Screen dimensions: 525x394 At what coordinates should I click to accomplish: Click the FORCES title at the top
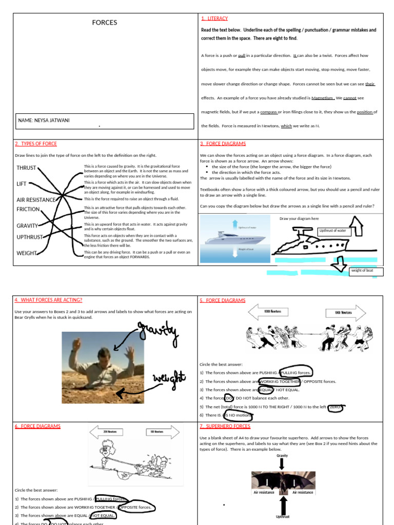tap(105, 23)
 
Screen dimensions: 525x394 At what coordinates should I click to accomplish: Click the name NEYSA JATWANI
tap(44, 120)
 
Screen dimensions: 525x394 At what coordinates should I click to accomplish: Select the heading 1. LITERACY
tap(214, 18)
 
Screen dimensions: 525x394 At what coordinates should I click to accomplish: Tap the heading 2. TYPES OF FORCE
tap(36, 144)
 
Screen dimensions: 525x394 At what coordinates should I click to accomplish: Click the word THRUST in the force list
tap(26, 168)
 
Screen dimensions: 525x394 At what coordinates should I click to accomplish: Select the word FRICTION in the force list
tap(28, 209)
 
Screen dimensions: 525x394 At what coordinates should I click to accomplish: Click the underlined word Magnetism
tap(319, 98)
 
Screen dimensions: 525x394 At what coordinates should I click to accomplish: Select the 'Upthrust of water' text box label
tap(333, 231)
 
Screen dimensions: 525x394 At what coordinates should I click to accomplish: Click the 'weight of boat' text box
tap(366, 271)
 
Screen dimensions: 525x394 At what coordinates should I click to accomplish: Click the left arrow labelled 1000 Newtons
tap(269, 312)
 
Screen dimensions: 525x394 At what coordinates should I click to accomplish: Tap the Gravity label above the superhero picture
tap(282, 456)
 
